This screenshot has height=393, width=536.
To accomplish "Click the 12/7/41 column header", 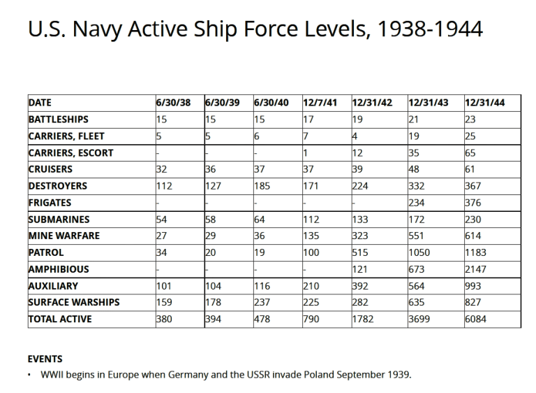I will (x=320, y=103).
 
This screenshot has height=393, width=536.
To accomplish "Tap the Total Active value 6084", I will (x=477, y=320).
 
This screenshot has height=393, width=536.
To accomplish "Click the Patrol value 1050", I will (x=420, y=252).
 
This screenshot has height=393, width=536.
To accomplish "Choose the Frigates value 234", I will (x=417, y=203).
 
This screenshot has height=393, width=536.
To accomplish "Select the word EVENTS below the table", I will (x=45, y=359).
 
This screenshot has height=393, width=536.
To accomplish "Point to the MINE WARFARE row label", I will (x=64, y=236).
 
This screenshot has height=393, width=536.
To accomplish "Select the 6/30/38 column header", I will (x=172, y=103).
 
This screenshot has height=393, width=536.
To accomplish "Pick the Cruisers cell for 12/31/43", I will (x=415, y=169).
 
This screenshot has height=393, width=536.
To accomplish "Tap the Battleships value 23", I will (x=470, y=120).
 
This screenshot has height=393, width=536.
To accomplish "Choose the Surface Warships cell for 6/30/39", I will (x=212, y=303).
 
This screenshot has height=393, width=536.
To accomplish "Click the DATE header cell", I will (x=40, y=103).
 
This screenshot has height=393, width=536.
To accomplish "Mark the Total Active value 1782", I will (x=364, y=320).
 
